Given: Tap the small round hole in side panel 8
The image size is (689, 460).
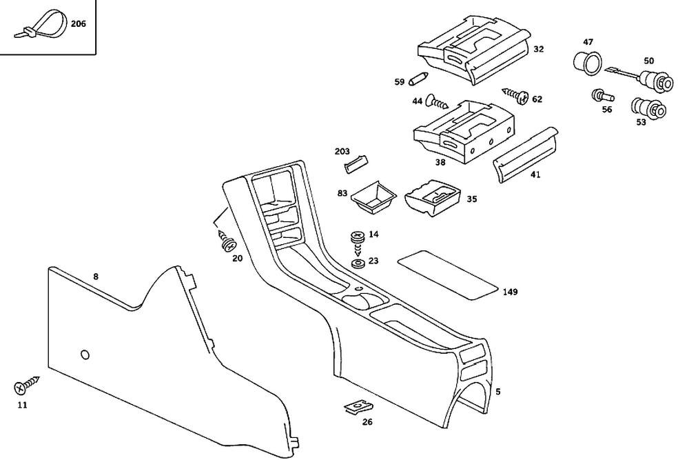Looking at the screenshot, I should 85,354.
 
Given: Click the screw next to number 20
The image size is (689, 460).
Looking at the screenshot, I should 227,242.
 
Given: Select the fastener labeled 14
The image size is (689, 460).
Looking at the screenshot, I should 358,237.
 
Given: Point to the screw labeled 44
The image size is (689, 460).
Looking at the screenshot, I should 437,102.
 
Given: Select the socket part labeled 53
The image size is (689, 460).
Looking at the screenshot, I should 648,108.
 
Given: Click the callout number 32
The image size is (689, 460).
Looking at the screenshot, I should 538,49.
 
